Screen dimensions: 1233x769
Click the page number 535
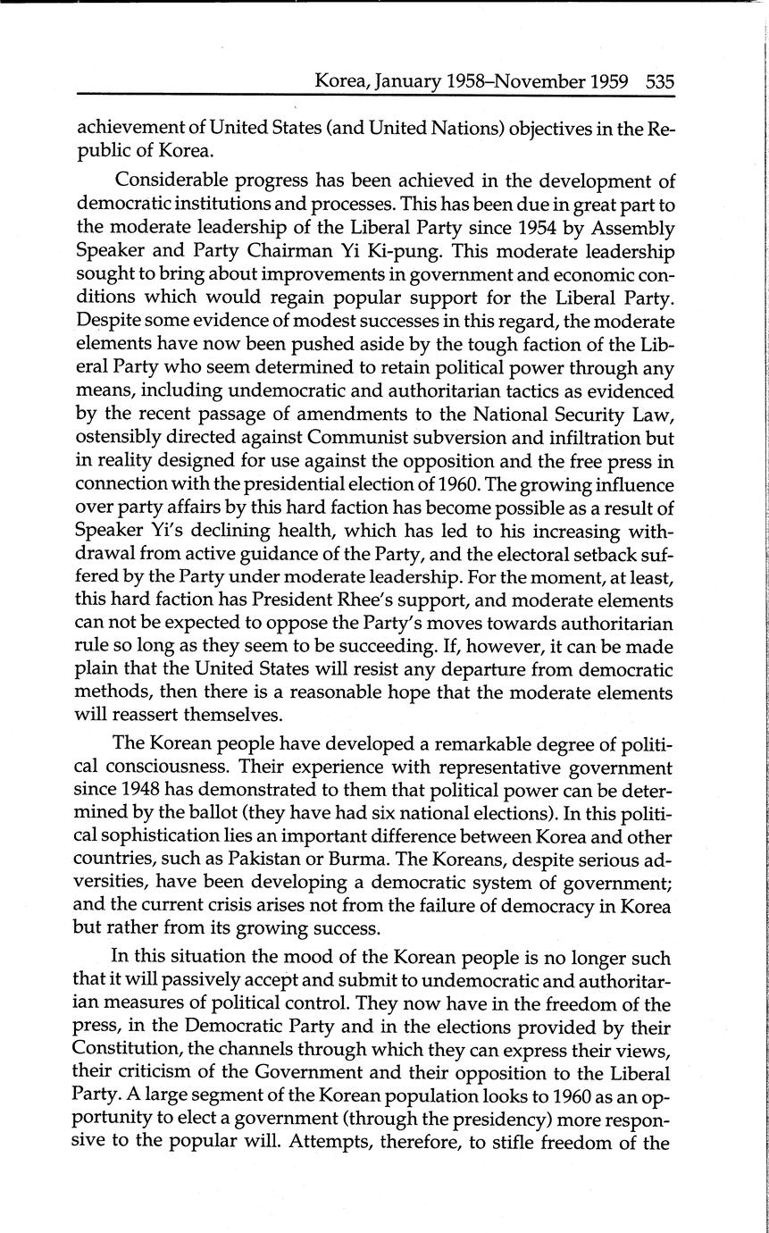coord(659,81)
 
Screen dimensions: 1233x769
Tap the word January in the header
coord(408,82)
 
